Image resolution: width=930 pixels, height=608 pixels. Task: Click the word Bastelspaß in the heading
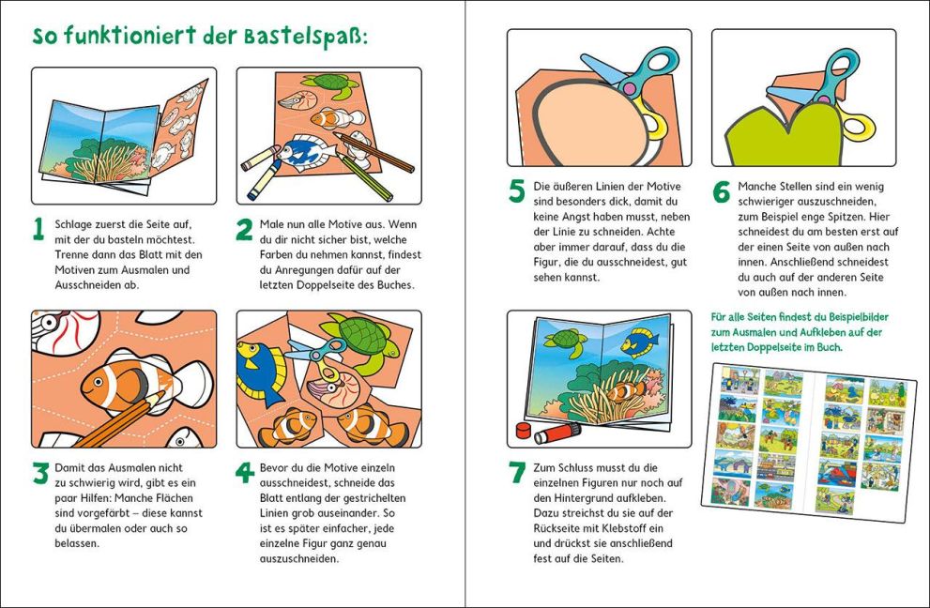click(x=306, y=38)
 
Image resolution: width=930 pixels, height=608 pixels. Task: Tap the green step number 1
click(x=38, y=229)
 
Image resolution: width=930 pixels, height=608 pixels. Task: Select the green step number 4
click(x=244, y=473)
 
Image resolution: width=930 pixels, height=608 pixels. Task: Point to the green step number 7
click(x=517, y=473)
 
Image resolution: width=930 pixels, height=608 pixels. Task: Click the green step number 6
click(x=722, y=191)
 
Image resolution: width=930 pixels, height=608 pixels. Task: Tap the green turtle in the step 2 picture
click(x=331, y=84)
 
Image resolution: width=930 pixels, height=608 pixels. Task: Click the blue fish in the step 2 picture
click(x=307, y=152)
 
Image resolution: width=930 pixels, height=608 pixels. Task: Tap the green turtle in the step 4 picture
click(x=358, y=338)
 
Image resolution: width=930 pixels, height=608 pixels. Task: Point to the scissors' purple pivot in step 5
click(x=628, y=88)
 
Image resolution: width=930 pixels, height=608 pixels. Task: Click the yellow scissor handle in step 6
click(x=858, y=127)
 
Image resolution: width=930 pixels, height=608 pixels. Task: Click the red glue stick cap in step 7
click(x=523, y=430)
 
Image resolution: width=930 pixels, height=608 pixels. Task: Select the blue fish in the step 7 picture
click(x=639, y=342)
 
